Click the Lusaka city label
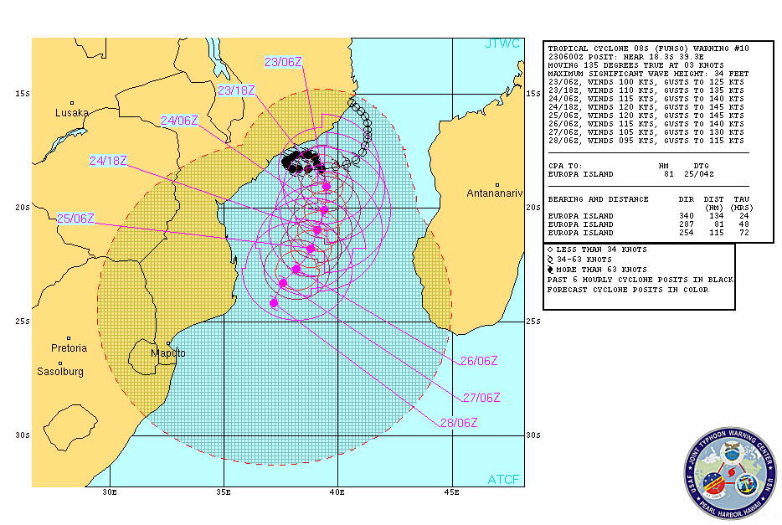(x=71, y=112)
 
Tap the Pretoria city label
(x=69, y=347)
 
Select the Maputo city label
(x=168, y=353)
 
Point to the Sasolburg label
(x=60, y=371)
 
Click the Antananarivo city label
(x=497, y=194)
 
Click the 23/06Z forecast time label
(x=281, y=62)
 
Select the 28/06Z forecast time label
(x=458, y=422)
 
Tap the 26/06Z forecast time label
(x=479, y=361)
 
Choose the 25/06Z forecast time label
(x=75, y=219)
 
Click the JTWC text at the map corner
(x=502, y=44)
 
